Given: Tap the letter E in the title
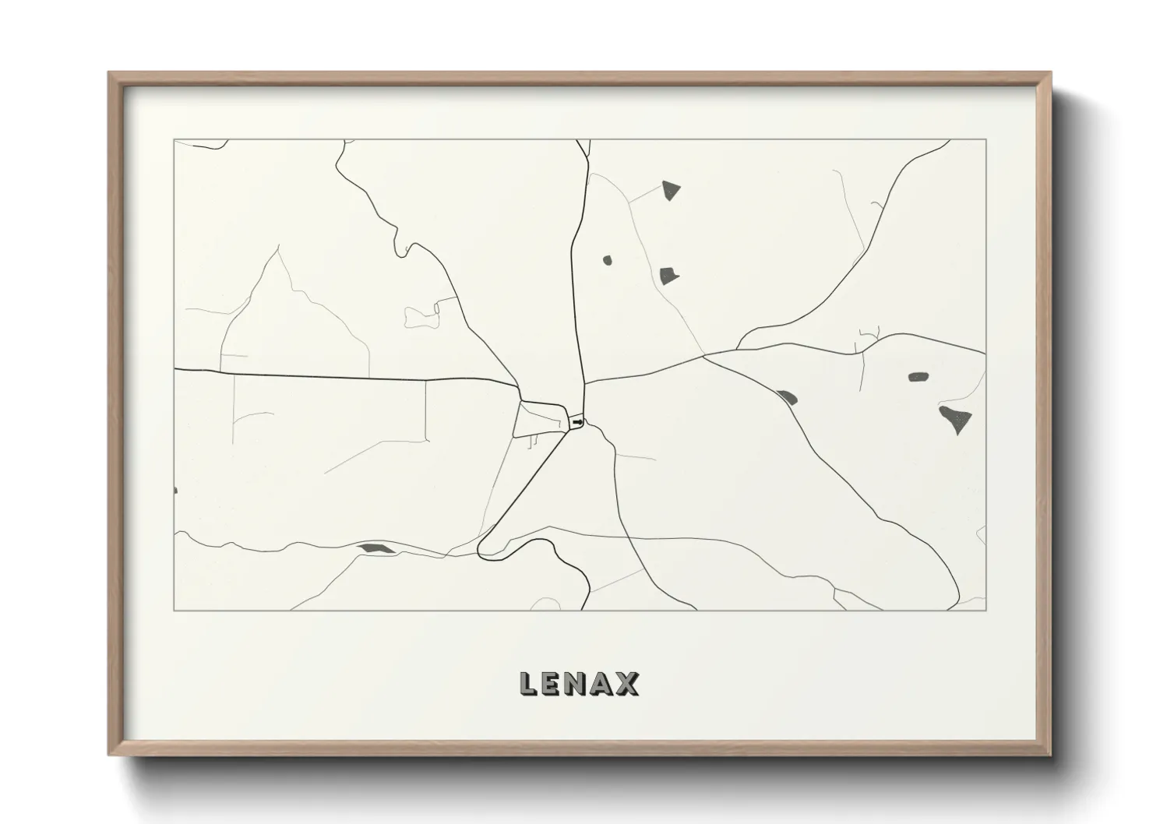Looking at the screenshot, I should [554, 684].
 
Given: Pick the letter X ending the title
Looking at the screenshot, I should [627, 684].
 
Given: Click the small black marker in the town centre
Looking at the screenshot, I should [577, 422].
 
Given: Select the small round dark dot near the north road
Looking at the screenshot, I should [607, 261].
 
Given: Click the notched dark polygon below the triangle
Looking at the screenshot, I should [668, 274].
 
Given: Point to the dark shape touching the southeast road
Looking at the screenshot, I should [786, 397].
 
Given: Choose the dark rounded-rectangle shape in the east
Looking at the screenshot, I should [919, 378].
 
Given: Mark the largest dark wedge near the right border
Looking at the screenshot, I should [957, 419].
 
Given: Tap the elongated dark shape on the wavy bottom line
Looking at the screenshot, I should [376, 549].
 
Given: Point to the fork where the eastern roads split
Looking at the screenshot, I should [704, 357].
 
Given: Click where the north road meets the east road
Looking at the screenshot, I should [584, 382].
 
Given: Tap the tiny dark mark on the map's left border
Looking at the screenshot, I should [175, 490].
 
